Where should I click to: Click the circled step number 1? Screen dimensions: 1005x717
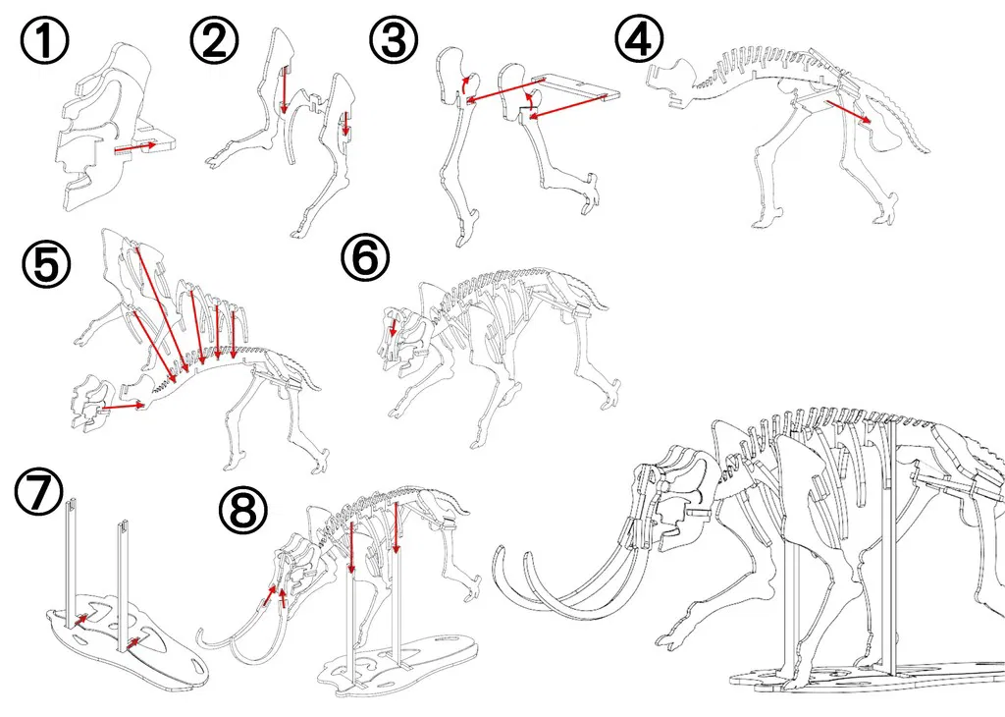pyautogui.click(x=45, y=39)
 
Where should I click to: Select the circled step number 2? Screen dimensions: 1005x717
pyautogui.click(x=214, y=39)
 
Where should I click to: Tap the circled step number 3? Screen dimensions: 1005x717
pyautogui.click(x=394, y=39)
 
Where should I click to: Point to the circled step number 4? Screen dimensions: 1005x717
pyautogui.click(x=640, y=39)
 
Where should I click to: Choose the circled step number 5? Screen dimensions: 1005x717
pyautogui.click(x=46, y=263)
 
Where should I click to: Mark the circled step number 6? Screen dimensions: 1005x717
pyautogui.click(x=365, y=256)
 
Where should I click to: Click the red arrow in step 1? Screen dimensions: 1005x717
pyautogui.click(x=134, y=147)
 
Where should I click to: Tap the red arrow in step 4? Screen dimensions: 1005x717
pyautogui.click(x=848, y=110)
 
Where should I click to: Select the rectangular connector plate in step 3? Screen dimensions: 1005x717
pyautogui.click(x=573, y=87)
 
